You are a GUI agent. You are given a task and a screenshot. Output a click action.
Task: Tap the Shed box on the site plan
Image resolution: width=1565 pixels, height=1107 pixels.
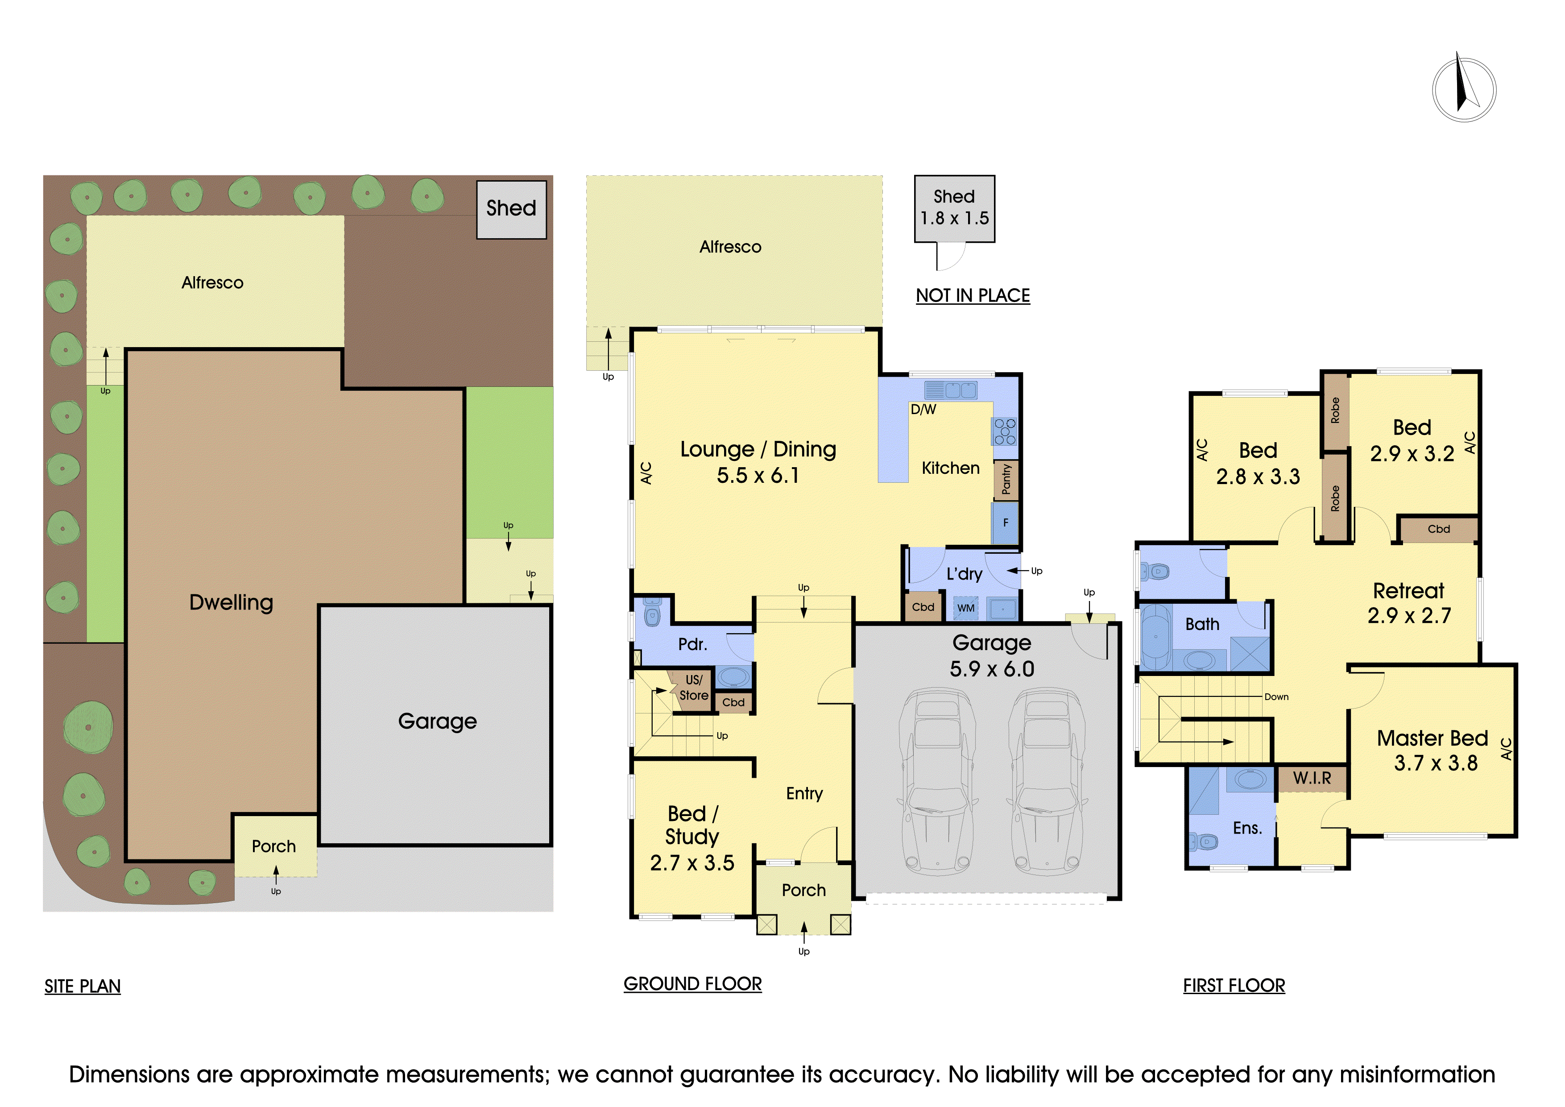[x=511, y=209]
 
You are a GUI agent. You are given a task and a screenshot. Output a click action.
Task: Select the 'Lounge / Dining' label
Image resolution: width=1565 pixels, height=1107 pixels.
[x=758, y=449]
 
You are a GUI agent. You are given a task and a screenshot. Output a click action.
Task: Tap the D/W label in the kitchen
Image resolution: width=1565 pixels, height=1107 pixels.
[x=923, y=410]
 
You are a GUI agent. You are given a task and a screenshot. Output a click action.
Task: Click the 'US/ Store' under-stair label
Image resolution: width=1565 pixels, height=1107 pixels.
[x=693, y=688]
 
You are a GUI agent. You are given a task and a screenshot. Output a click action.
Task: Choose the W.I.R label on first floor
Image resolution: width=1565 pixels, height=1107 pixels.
[x=1312, y=778]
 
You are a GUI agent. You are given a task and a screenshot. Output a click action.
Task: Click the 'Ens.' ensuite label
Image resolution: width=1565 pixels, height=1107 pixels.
[x=1247, y=828]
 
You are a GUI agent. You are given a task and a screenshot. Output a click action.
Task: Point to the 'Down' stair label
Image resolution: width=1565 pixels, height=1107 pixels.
[x=1277, y=697]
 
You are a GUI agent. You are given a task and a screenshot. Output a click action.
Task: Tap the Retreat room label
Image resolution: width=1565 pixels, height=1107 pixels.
[x=1408, y=590]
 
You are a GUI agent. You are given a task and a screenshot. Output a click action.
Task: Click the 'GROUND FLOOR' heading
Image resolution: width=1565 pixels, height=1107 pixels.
[x=692, y=983]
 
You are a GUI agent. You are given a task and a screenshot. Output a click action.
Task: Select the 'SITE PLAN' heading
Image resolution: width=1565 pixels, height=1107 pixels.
[x=83, y=987]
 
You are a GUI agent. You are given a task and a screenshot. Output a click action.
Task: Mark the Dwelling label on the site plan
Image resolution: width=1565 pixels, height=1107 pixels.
[x=231, y=602]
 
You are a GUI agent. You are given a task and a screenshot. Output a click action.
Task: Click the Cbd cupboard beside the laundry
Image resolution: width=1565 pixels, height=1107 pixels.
[x=923, y=607]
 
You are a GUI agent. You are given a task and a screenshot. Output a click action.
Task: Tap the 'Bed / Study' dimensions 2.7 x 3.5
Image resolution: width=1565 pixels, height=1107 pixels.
[x=692, y=863]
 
